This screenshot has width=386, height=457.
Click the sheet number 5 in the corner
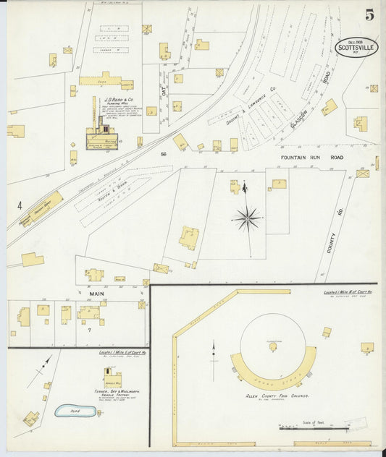369,14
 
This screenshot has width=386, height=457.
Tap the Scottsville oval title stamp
357,48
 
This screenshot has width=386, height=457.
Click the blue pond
75,411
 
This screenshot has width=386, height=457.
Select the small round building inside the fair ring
273,347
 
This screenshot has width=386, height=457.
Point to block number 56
165,153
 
